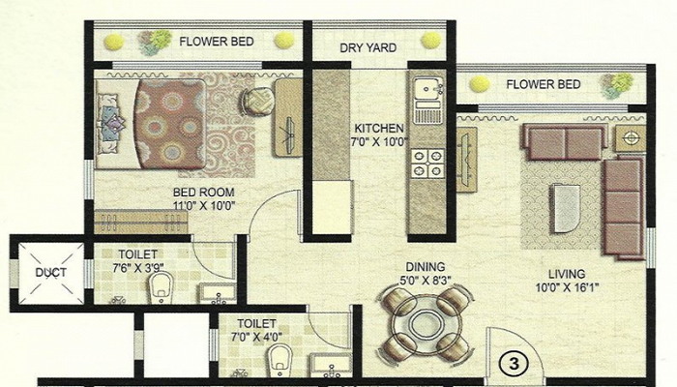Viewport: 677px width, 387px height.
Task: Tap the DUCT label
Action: tap(50, 273)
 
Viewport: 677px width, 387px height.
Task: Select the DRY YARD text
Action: tap(364, 47)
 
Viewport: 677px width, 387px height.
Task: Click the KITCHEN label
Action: tap(378, 128)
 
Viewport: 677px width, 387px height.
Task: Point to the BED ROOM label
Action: tap(203, 193)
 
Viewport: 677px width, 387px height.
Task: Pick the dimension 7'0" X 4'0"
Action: tap(255, 337)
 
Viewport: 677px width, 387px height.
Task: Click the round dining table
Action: tap(426, 324)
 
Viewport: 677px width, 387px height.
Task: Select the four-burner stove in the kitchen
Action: tap(427, 164)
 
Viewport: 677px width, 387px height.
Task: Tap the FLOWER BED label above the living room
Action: tap(544, 84)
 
